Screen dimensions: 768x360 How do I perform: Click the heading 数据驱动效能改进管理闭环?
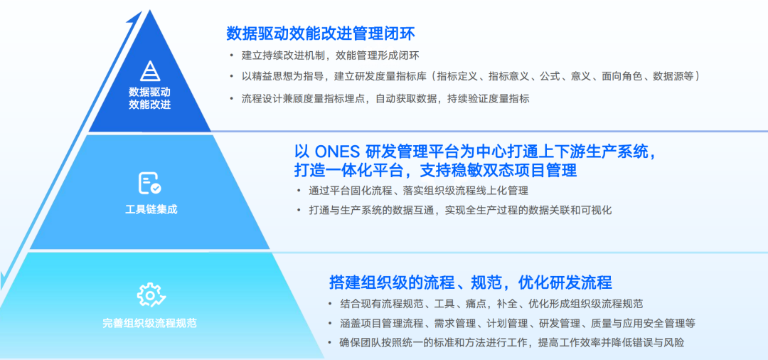[321, 33]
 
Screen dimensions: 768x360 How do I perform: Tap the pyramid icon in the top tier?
[150, 72]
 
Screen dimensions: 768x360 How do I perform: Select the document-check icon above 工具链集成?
[150, 183]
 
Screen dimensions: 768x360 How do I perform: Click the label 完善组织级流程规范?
[150, 323]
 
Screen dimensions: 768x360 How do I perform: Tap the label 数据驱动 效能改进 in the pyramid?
[150, 98]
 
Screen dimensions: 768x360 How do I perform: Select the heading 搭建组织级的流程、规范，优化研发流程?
[471, 282]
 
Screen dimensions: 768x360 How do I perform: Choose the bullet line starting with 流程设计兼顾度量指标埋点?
[385, 98]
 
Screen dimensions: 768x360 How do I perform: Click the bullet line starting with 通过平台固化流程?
[418, 191]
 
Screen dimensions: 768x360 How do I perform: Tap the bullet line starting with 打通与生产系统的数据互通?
[460, 210]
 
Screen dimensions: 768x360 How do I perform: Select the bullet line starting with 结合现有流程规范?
[492, 303]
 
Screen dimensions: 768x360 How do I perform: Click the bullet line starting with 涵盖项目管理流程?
[518, 323]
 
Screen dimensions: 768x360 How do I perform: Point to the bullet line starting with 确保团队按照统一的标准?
[512, 342]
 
